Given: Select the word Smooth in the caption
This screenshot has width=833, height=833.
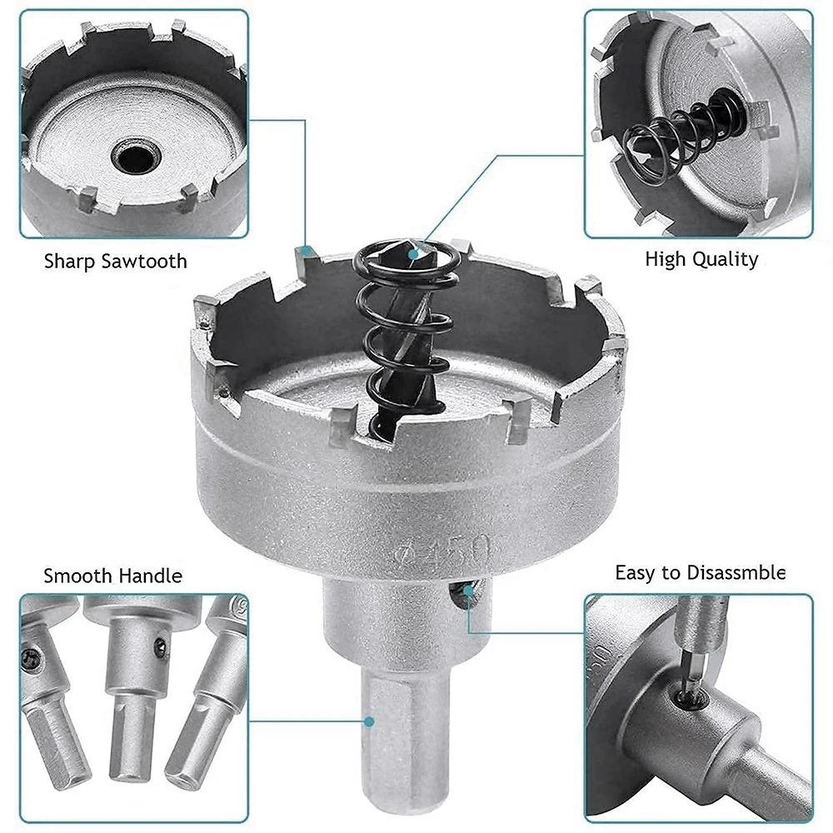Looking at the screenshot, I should click(x=78, y=575).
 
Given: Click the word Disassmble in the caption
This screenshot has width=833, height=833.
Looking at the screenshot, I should click(x=735, y=572).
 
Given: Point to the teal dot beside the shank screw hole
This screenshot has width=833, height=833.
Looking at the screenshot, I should click(x=471, y=591).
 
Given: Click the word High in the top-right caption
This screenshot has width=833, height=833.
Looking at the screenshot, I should click(x=665, y=259).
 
